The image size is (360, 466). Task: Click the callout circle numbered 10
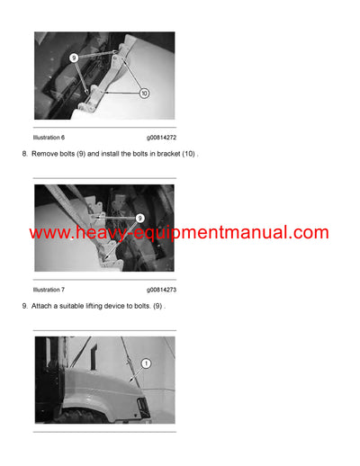point(144,93)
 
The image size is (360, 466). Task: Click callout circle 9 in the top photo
point(76,56)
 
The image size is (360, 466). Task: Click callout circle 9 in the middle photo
point(140,218)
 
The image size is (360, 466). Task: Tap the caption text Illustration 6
point(49,138)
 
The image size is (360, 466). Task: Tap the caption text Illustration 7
point(49,290)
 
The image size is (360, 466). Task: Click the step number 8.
point(24,155)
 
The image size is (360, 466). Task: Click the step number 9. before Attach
point(24,307)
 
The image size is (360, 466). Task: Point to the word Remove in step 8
point(45,155)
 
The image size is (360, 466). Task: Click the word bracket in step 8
point(167,155)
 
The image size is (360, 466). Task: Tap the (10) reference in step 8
point(188,155)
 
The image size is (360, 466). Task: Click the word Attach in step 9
point(42,307)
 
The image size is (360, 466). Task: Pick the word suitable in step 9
point(72,307)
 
